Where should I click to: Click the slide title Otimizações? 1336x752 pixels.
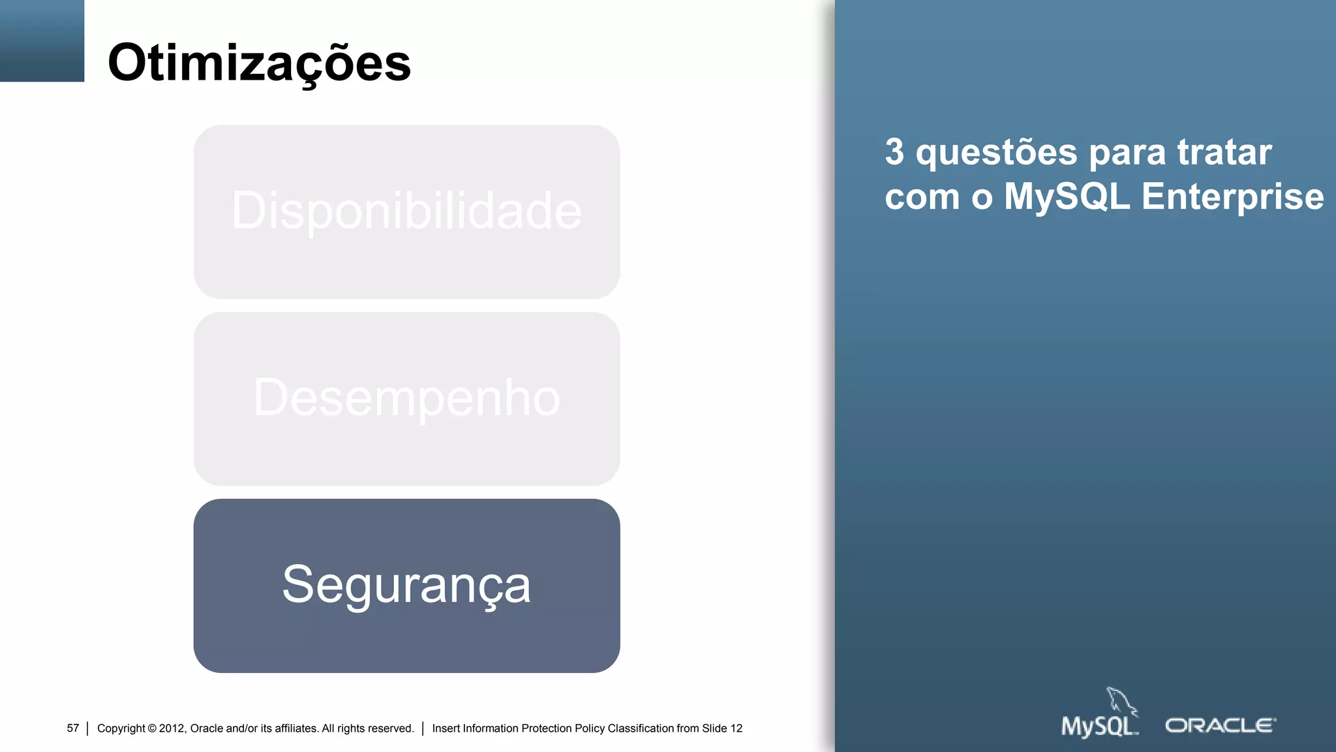pyautogui.click(x=259, y=63)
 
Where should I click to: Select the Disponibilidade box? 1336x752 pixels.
pyautogui.click(x=406, y=211)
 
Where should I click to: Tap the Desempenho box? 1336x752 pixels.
pyautogui.click(x=406, y=398)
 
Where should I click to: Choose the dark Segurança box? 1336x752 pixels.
pyautogui.click(x=406, y=586)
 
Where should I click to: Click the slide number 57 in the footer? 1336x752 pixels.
pyautogui.click(x=72, y=728)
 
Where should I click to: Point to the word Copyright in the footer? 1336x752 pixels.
pyautogui.click(x=121, y=728)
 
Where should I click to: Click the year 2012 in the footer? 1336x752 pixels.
pyautogui.click(x=172, y=728)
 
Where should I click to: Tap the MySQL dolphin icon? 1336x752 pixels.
pyautogui.click(x=1121, y=701)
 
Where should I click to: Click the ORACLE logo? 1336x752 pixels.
pyautogui.click(x=1220, y=726)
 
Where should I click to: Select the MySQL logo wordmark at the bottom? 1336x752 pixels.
pyautogui.click(x=1098, y=727)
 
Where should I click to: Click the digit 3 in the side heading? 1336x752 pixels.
pyautogui.click(x=894, y=152)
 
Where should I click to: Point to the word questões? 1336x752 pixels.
pyautogui.click(x=996, y=153)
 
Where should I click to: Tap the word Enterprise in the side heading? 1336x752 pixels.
pyautogui.click(x=1232, y=196)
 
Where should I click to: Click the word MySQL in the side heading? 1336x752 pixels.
pyautogui.click(x=1067, y=196)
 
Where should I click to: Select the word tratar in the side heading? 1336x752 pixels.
pyautogui.click(x=1224, y=152)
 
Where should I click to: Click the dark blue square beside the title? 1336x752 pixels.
pyautogui.click(x=42, y=40)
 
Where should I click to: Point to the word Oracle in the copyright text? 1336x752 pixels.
pyautogui.click(x=206, y=728)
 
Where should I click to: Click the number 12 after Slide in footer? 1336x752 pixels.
pyautogui.click(x=736, y=728)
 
